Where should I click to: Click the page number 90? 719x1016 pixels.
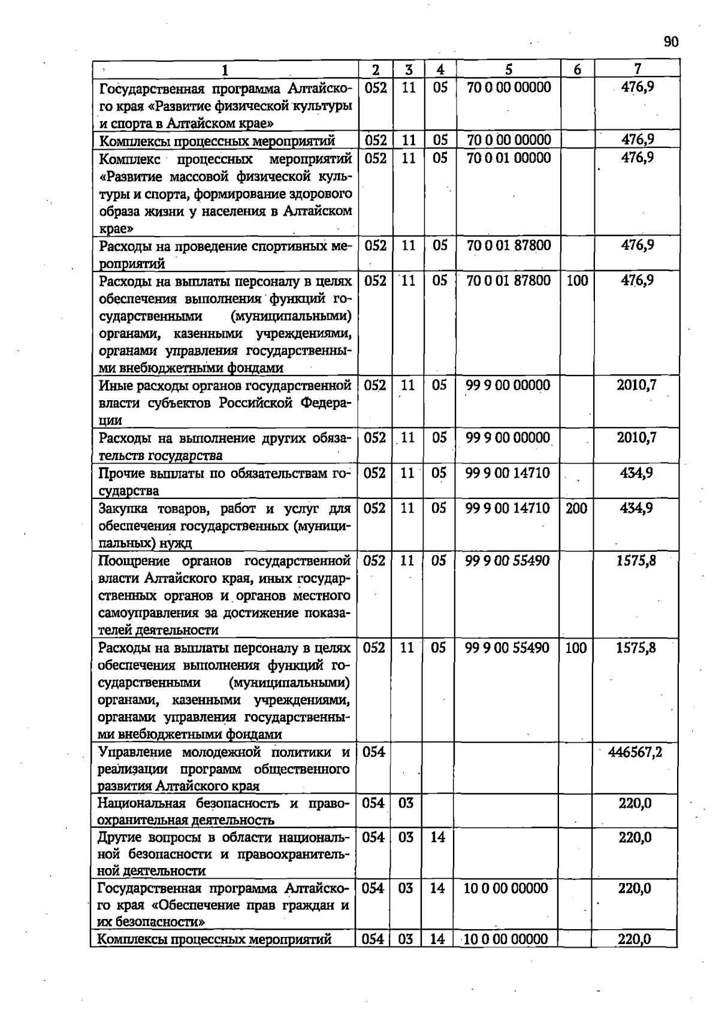671,42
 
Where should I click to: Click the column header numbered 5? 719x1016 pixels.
508,69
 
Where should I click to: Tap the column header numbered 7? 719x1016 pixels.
638,69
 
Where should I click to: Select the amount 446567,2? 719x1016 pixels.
636,752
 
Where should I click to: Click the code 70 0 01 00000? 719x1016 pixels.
509,158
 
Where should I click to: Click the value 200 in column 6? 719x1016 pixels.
576,509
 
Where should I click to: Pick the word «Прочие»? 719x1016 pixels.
122,474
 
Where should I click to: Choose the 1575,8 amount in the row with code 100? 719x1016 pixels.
636,648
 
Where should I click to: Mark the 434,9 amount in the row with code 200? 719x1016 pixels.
636,509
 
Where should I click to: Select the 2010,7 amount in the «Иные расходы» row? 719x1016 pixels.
637,385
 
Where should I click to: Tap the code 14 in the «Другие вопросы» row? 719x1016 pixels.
438,837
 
